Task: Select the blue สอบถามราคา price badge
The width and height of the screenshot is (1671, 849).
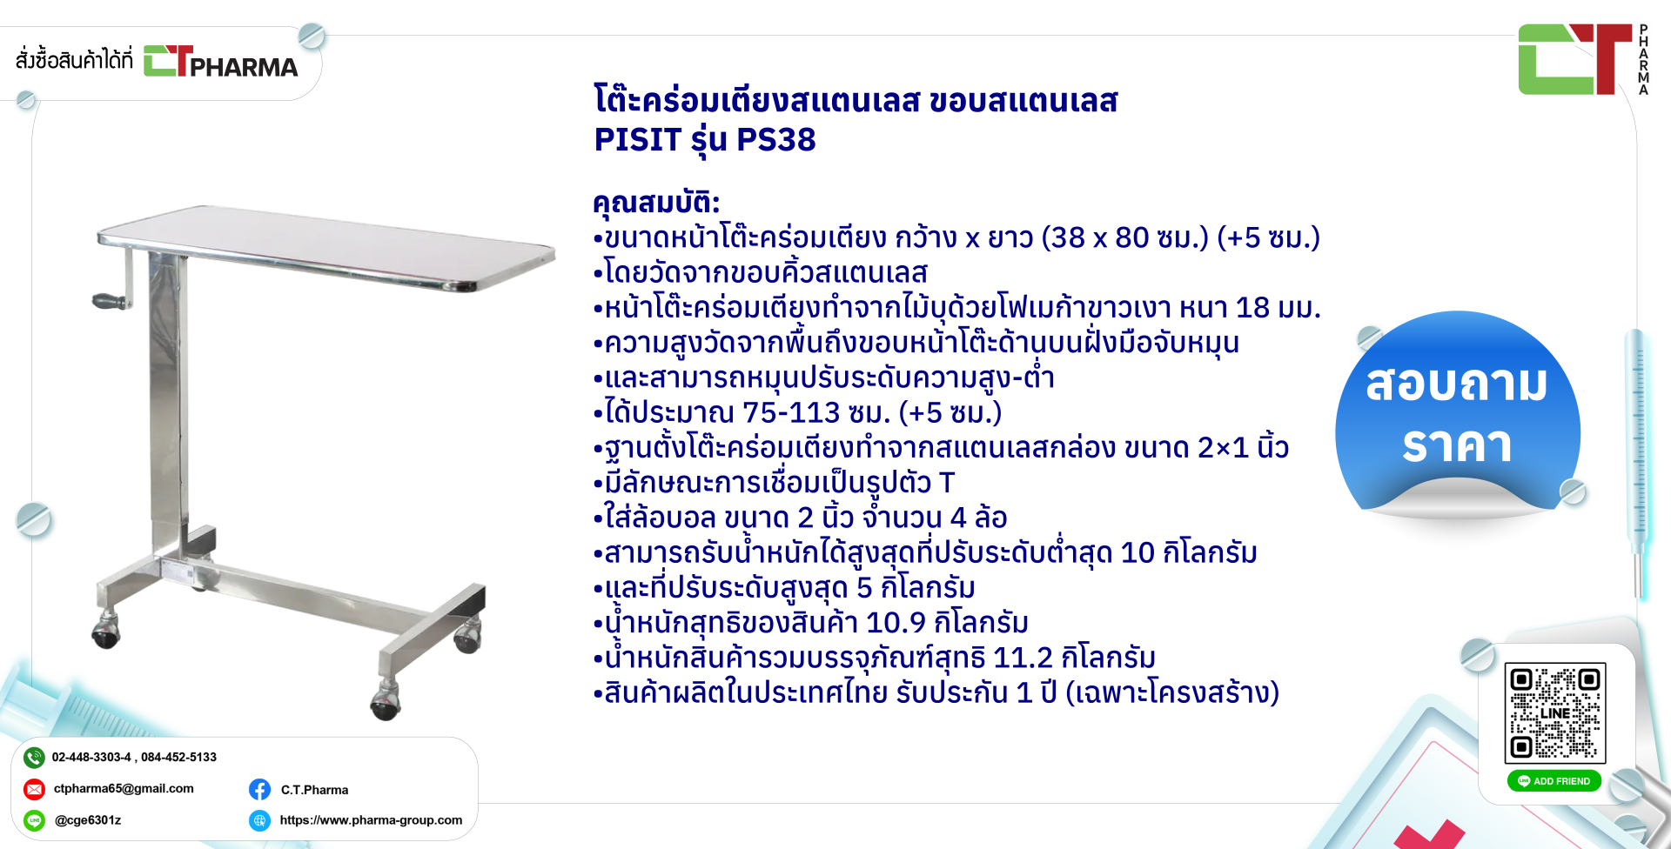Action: point(1458,413)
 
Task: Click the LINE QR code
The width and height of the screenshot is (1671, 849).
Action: point(1555,713)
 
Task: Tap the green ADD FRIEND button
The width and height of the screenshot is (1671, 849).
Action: point(1554,781)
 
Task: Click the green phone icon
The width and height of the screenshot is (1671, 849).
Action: point(34,758)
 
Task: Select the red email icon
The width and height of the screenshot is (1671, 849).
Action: point(34,789)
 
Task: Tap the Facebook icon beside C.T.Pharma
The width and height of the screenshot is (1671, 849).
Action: point(259,789)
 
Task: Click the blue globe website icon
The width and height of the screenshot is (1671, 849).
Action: point(259,820)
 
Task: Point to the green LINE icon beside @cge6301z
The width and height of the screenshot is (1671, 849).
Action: point(34,820)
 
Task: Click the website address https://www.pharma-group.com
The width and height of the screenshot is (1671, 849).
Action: point(371,820)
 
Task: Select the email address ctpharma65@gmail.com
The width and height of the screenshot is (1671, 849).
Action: point(124,789)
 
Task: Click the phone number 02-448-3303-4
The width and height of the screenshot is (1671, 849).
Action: point(91,758)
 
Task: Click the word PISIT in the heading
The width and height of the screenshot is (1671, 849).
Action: point(637,139)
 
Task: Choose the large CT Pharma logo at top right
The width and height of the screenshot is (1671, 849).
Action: point(1583,59)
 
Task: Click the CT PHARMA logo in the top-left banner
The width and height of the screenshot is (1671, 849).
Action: point(220,61)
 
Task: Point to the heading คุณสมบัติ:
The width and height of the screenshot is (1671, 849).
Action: point(656,203)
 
